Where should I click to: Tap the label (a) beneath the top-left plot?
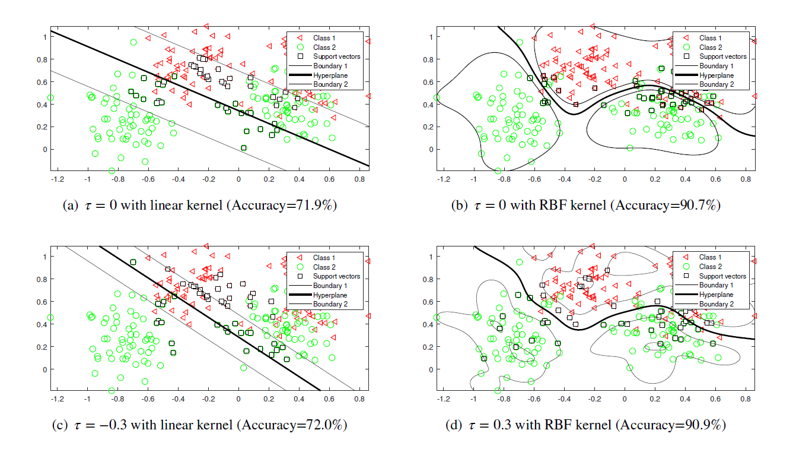click(69, 205)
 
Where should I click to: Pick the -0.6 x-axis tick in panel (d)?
click(533, 398)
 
